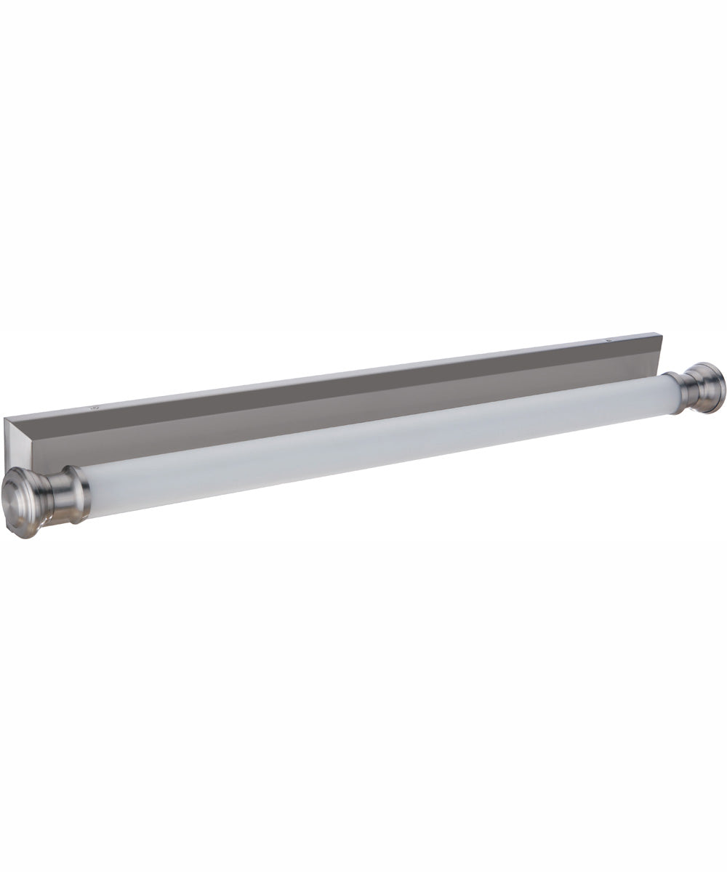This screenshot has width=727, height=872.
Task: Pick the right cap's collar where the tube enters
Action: click(672, 392)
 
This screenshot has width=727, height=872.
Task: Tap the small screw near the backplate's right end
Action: click(609, 338)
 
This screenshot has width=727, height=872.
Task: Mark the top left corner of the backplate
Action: click(6, 419)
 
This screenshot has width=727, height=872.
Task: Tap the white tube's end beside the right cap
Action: click(658, 395)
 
